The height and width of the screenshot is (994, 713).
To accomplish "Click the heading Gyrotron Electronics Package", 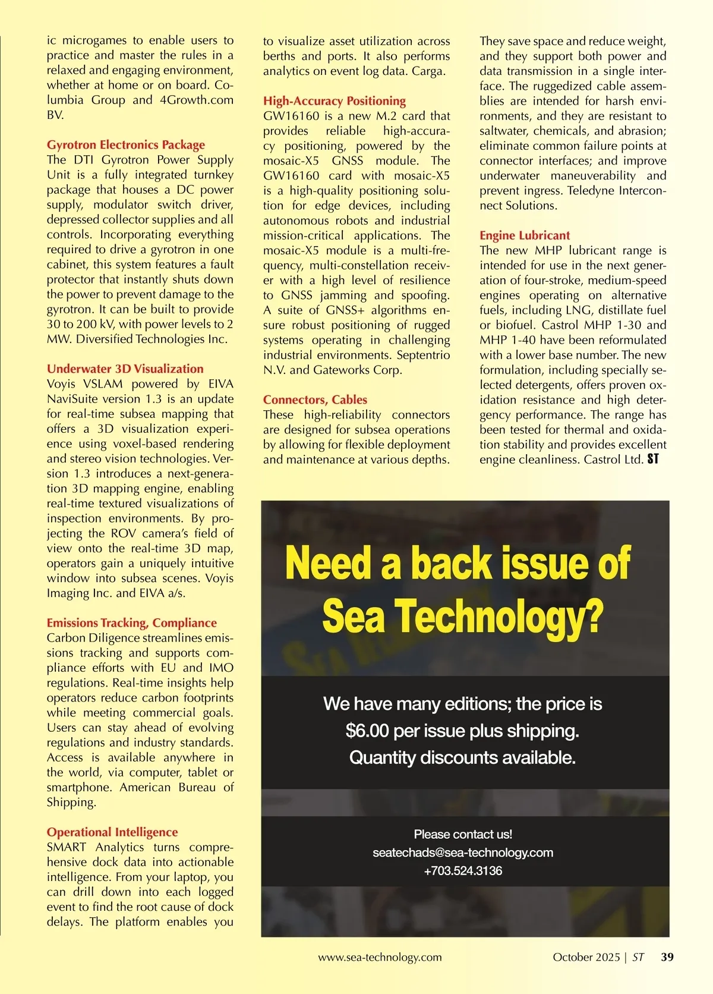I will coord(126,145).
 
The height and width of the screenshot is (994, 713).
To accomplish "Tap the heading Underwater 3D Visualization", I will coord(125,369).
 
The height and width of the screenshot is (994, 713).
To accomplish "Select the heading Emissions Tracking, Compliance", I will coord(132,623).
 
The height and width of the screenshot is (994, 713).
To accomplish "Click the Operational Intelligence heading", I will coord(112,832).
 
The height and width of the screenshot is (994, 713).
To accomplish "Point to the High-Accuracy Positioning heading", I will coord(335,101).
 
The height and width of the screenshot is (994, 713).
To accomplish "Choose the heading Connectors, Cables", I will coord(316,400).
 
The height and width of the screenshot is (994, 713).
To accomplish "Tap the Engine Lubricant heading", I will coord(525,235).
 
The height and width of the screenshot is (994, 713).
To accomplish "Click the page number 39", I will coord(667,957).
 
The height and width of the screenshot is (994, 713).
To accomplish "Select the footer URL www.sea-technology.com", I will coord(380,957).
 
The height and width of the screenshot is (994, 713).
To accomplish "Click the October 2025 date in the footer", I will coord(586,957).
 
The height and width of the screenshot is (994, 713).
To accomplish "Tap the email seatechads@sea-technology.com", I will coord(463,853).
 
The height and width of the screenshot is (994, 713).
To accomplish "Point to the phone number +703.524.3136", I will coord(463,871).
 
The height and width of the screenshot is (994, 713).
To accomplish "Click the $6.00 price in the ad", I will coord(367,731).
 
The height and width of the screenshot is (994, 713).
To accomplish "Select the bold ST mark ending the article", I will coord(653,460).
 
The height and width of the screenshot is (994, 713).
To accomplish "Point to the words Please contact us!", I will coord(463,834).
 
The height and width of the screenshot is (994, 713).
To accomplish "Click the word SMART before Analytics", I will coord(67,847).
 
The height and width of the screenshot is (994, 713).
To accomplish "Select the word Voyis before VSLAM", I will coord(61,384).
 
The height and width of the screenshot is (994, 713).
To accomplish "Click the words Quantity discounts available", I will coord(462,758).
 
